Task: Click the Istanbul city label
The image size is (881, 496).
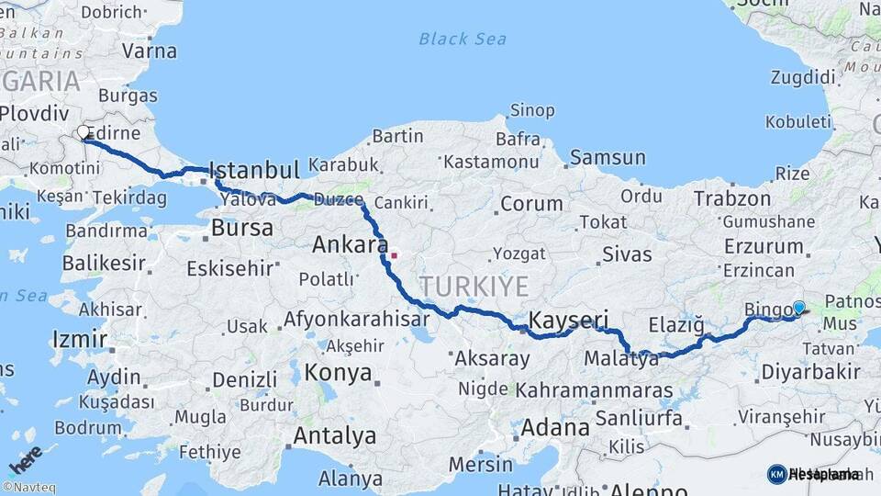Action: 254,170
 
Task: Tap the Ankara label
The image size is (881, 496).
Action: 350,245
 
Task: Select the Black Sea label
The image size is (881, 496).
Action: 462,39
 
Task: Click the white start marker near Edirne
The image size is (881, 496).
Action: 84,133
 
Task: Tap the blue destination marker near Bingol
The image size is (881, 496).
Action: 798,309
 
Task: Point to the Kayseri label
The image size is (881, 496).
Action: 569,321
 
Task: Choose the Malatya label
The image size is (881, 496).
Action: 620,359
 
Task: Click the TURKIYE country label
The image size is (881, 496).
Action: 474,287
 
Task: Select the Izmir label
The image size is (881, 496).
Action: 80,340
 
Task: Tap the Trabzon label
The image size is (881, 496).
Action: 731,198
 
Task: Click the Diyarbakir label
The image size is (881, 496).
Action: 810,372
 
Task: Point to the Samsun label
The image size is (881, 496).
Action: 607,158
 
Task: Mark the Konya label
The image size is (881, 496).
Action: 339,373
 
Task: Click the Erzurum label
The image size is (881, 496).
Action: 763,246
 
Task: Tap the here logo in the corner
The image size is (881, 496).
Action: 26,457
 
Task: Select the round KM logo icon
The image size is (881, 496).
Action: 776,474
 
